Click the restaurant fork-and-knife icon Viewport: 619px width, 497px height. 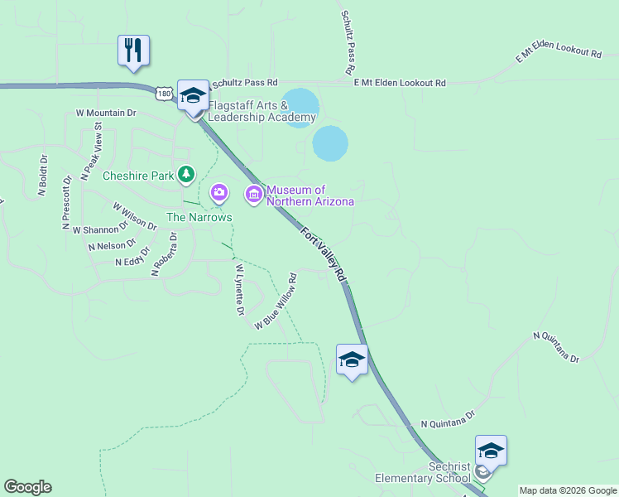[x=133, y=50]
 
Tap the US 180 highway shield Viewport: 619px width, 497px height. [x=164, y=94]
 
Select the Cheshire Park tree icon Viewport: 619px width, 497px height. [x=189, y=174]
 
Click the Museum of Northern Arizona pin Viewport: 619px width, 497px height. [x=253, y=195]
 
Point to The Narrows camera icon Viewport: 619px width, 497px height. [x=218, y=193]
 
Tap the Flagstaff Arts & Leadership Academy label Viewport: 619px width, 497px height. [x=262, y=111]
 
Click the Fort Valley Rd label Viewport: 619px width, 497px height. [x=322, y=252]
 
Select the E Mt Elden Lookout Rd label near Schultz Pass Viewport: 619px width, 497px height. [x=400, y=83]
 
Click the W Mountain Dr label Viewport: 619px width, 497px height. [x=105, y=112]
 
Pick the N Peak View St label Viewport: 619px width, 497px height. [x=91, y=151]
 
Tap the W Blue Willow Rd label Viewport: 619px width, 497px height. [x=276, y=301]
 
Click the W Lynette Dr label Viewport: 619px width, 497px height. [x=239, y=289]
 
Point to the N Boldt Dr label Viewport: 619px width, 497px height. [x=43, y=176]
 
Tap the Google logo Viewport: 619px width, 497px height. [x=27, y=487]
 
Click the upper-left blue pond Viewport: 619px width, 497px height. [x=300, y=106]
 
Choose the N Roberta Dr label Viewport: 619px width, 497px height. [x=164, y=253]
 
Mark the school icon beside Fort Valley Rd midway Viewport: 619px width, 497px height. [x=352, y=360]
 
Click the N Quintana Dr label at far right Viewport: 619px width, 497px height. [x=557, y=347]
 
